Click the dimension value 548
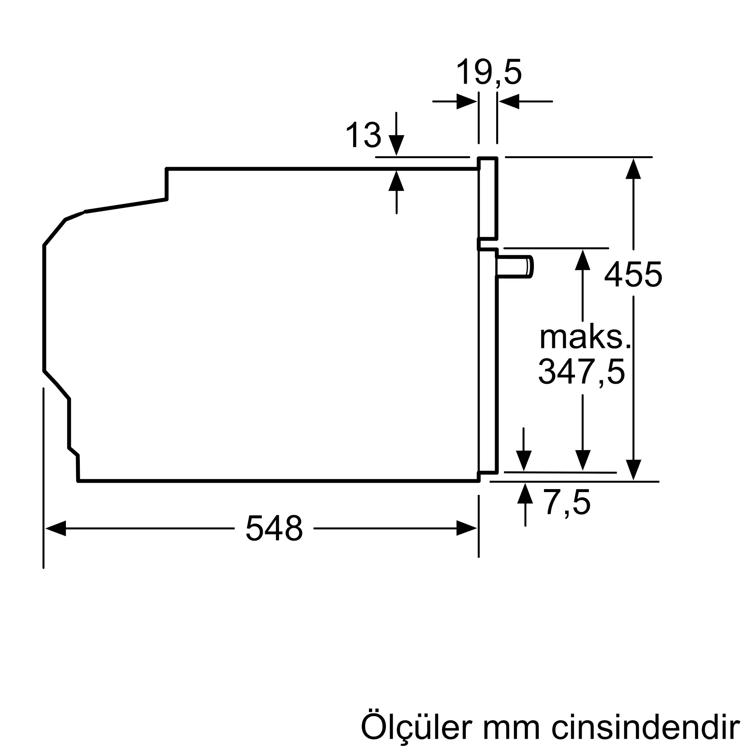click(274, 528)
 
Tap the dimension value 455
click(633, 275)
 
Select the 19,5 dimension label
click(489, 72)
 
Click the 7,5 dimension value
click(567, 503)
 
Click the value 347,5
click(582, 372)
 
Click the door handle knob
click(515, 267)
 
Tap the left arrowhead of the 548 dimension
click(55, 528)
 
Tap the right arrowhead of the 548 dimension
click(466, 528)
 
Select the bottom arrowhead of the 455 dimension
click(633, 469)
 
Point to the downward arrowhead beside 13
click(396, 145)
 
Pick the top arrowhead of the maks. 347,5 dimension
click(583, 260)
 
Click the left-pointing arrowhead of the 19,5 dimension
click(509, 101)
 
